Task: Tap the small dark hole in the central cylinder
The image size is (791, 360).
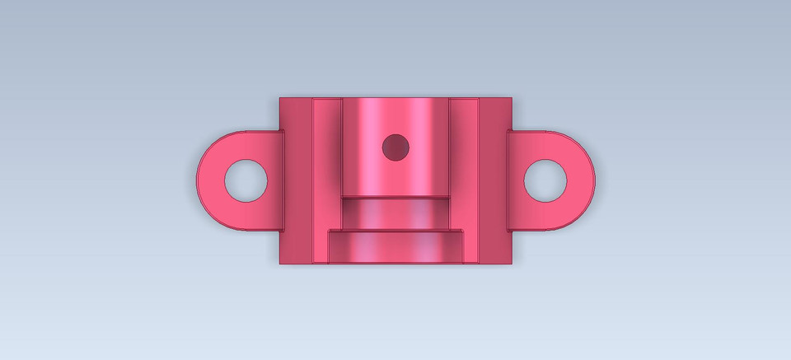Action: coord(395,147)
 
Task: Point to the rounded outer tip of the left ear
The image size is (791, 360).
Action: coord(199,180)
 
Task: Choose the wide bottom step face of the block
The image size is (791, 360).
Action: coord(395,246)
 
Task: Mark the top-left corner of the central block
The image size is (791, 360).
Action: coord(280,98)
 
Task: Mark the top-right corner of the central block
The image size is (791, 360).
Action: coord(512,98)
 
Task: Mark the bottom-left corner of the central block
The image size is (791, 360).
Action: coord(280,264)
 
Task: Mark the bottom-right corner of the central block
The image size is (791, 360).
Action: coord(512,264)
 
